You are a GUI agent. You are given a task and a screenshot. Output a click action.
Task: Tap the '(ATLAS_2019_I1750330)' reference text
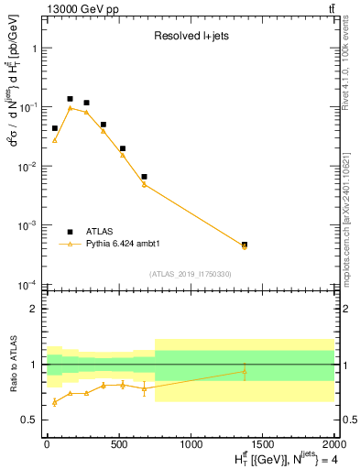tap(190, 273)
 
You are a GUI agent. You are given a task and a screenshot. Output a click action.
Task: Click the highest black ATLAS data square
tap(70, 99)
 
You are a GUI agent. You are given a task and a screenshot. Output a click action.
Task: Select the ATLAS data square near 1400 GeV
tap(245, 245)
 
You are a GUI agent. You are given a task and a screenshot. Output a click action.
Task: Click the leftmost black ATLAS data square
tap(55, 128)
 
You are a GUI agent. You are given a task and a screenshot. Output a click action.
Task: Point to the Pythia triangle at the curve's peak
tap(70, 108)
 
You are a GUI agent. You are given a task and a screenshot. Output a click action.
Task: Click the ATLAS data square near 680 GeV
tap(144, 176)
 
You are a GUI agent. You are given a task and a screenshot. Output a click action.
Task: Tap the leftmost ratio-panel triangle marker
tap(55, 401)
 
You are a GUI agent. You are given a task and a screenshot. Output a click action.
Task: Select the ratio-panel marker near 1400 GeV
tap(245, 371)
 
